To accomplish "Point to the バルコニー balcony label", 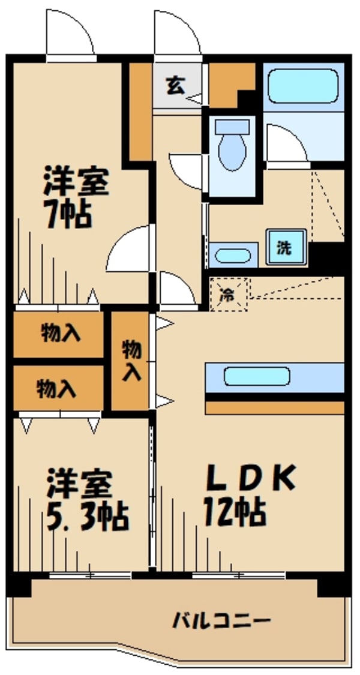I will (x=222, y=620).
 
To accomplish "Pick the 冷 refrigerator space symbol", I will (x=229, y=294).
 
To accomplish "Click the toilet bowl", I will (x=232, y=152).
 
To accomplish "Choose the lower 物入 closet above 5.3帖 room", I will (x=57, y=389).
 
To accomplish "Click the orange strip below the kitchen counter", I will (x=275, y=408).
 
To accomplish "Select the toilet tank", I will (x=232, y=127).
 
